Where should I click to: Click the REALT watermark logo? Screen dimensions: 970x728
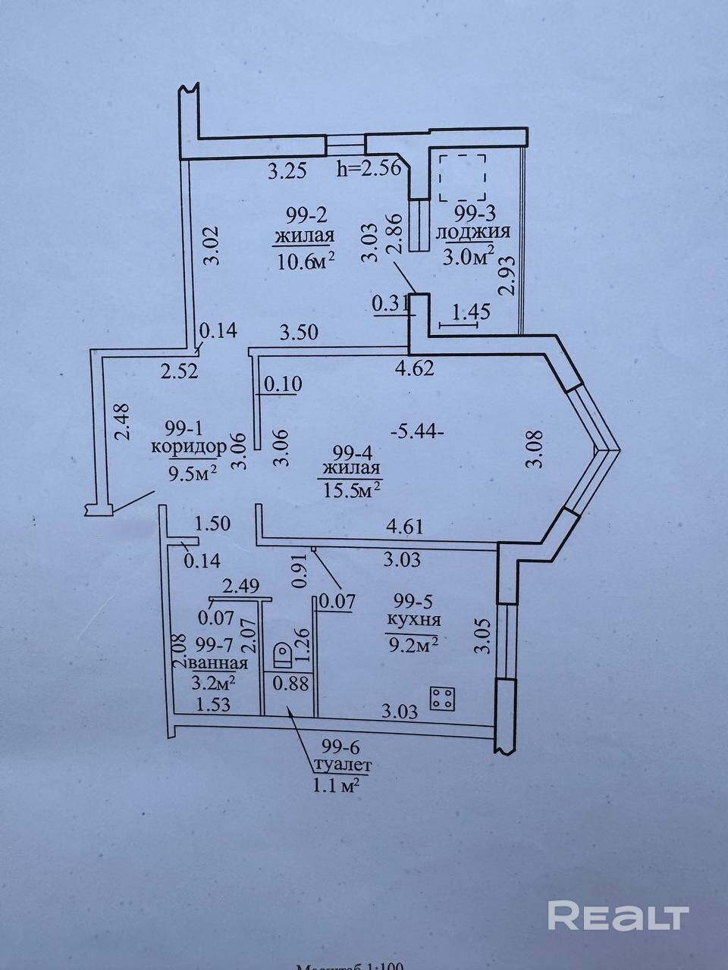click(x=618, y=916)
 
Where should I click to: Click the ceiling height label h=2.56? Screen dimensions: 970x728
click(x=368, y=169)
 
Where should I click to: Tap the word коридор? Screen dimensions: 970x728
click(x=188, y=446)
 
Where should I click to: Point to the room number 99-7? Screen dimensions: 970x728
click(x=214, y=644)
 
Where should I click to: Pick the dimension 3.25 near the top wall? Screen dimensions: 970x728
click(x=287, y=171)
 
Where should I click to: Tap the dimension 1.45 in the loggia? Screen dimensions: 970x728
click(x=470, y=311)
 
